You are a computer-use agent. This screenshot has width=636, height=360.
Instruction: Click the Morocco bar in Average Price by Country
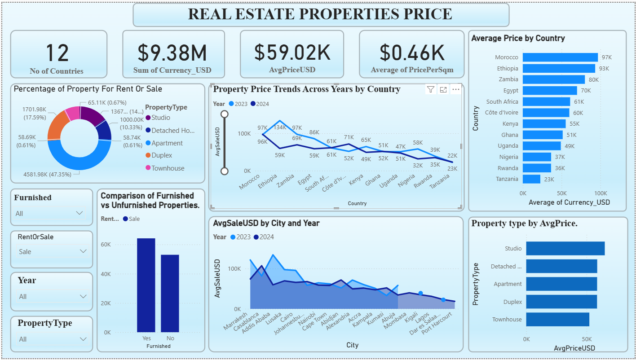click(x=560, y=57)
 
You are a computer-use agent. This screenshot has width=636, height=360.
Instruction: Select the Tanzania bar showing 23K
click(x=531, y=179)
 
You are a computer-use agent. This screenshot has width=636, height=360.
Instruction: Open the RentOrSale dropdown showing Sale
click(x=51, y=252)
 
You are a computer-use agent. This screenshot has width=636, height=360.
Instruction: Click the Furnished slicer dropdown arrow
click(x=80, y=213)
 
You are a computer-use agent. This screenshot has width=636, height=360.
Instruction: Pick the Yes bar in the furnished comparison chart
click(x=146, y=285)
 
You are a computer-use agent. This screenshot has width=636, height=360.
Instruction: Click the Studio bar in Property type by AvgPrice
click(x=565, y=249)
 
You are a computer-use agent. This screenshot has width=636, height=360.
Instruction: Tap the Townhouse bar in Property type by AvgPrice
click(x=557, y=320)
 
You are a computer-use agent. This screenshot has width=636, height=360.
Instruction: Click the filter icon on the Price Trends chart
click(x=430, y=90)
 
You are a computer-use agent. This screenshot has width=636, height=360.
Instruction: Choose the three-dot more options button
click(x=456, y=90)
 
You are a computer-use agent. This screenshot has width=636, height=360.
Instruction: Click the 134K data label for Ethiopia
click(x=279, y=127)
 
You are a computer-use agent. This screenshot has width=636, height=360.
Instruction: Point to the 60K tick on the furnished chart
click(x=106, y=245)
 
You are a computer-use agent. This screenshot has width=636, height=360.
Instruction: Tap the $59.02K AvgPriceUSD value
click(x=292, y=53)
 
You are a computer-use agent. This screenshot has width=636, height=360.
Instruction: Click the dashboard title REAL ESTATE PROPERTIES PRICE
click(x=320, y=14)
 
